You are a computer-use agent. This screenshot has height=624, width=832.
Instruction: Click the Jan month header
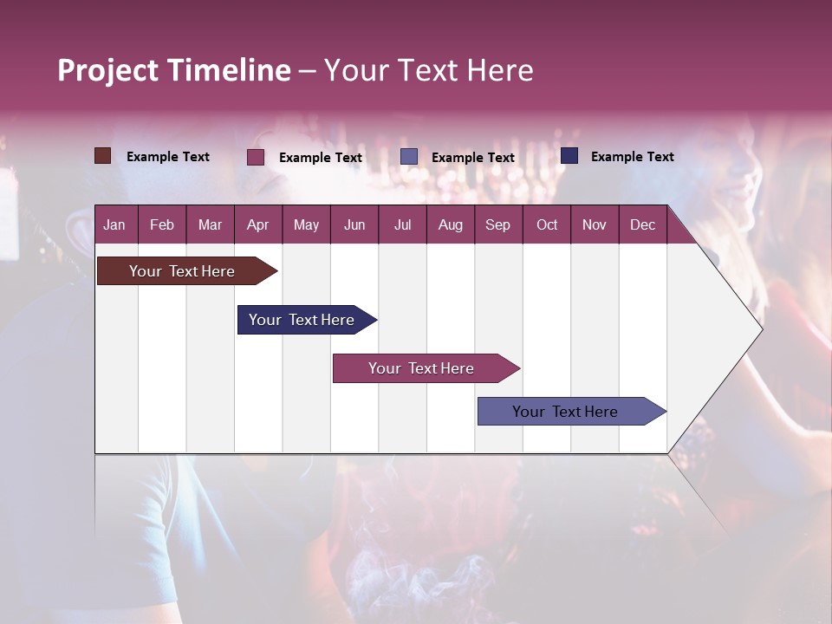click(x=114, y=224)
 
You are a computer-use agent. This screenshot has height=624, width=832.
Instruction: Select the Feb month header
click(x=162, y=224)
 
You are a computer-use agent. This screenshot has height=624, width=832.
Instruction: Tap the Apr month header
click(x=257, y=224)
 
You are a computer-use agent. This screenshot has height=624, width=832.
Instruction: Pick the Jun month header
click(x=354, y=224)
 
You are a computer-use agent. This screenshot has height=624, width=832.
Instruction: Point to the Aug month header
click(x=450, y=224)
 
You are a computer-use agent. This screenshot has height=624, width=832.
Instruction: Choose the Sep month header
click(x=497, y=224)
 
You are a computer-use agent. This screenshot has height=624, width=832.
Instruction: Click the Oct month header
click(x=547, y=224)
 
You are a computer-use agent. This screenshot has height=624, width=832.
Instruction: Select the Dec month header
click(x=642, y=224)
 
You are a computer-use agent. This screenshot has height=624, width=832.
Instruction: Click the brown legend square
click(x=102, y=156)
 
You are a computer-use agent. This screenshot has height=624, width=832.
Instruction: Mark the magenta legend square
click(x=255, y=157)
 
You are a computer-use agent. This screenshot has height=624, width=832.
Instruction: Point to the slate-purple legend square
click(x=409, y=157)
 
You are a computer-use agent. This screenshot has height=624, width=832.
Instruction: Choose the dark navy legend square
click(x=569, y=156)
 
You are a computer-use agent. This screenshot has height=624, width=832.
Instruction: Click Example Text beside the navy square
click(x=632, y=157)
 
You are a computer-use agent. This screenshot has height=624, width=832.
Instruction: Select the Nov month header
click(x=594, y=224)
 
